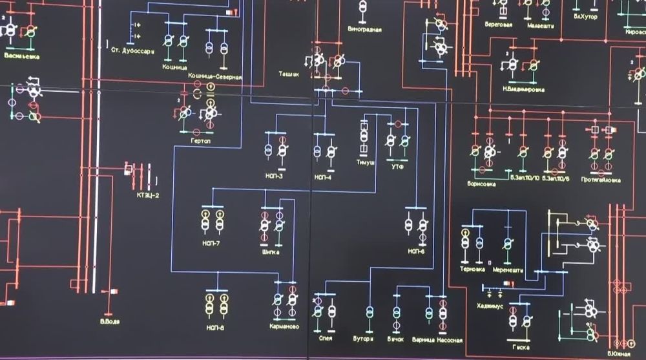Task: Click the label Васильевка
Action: point(22,56)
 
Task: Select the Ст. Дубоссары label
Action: point(132,50)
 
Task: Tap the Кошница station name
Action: point(174,66)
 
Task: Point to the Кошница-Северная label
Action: point(215,77)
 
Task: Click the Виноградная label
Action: point(364,30)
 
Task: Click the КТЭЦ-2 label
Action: point(147,195)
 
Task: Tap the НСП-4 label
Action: point(322,176)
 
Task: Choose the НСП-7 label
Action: point(211,243)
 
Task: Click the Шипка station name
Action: point(271,252)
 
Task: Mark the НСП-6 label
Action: point(417,250)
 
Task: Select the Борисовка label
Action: point(481,184)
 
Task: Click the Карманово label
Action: point(284,327)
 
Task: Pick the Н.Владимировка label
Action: point(523,88)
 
